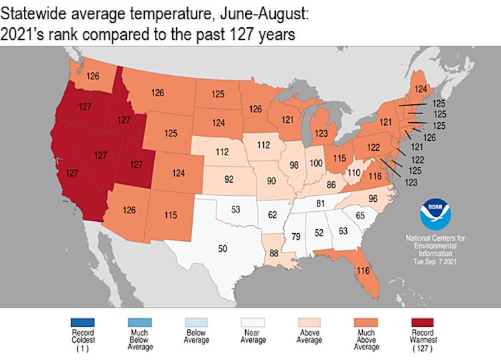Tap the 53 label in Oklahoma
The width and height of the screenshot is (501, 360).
[x=235, y=210]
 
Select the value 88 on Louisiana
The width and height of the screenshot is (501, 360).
[x=274, y=254]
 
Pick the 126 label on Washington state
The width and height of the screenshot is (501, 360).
[x=93, y=76]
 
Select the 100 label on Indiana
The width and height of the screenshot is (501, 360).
[x=316, y=163]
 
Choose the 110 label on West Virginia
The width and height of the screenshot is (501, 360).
[x=353, y=172]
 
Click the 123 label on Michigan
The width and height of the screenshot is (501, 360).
[x=321, y=133]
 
